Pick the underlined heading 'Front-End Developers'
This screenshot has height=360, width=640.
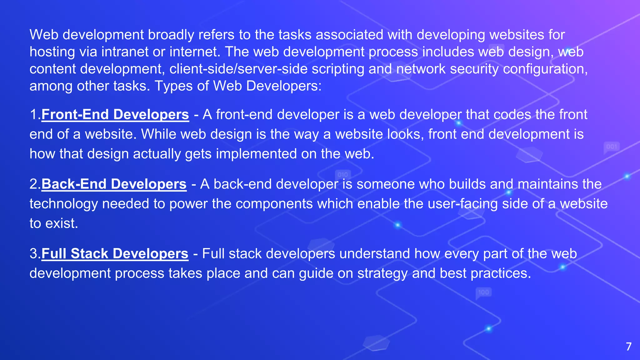pos(115,115)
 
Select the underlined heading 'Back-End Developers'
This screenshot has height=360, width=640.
pos(114,184)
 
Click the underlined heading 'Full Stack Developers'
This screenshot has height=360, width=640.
pos(115,254)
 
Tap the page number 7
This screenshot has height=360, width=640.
pos(629,347)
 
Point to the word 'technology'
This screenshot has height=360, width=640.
pos(64,204)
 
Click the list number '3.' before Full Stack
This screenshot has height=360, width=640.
pos(35,254)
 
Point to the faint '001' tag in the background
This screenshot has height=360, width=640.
pos(612,147)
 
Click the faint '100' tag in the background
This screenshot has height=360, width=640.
pos(483,292)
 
